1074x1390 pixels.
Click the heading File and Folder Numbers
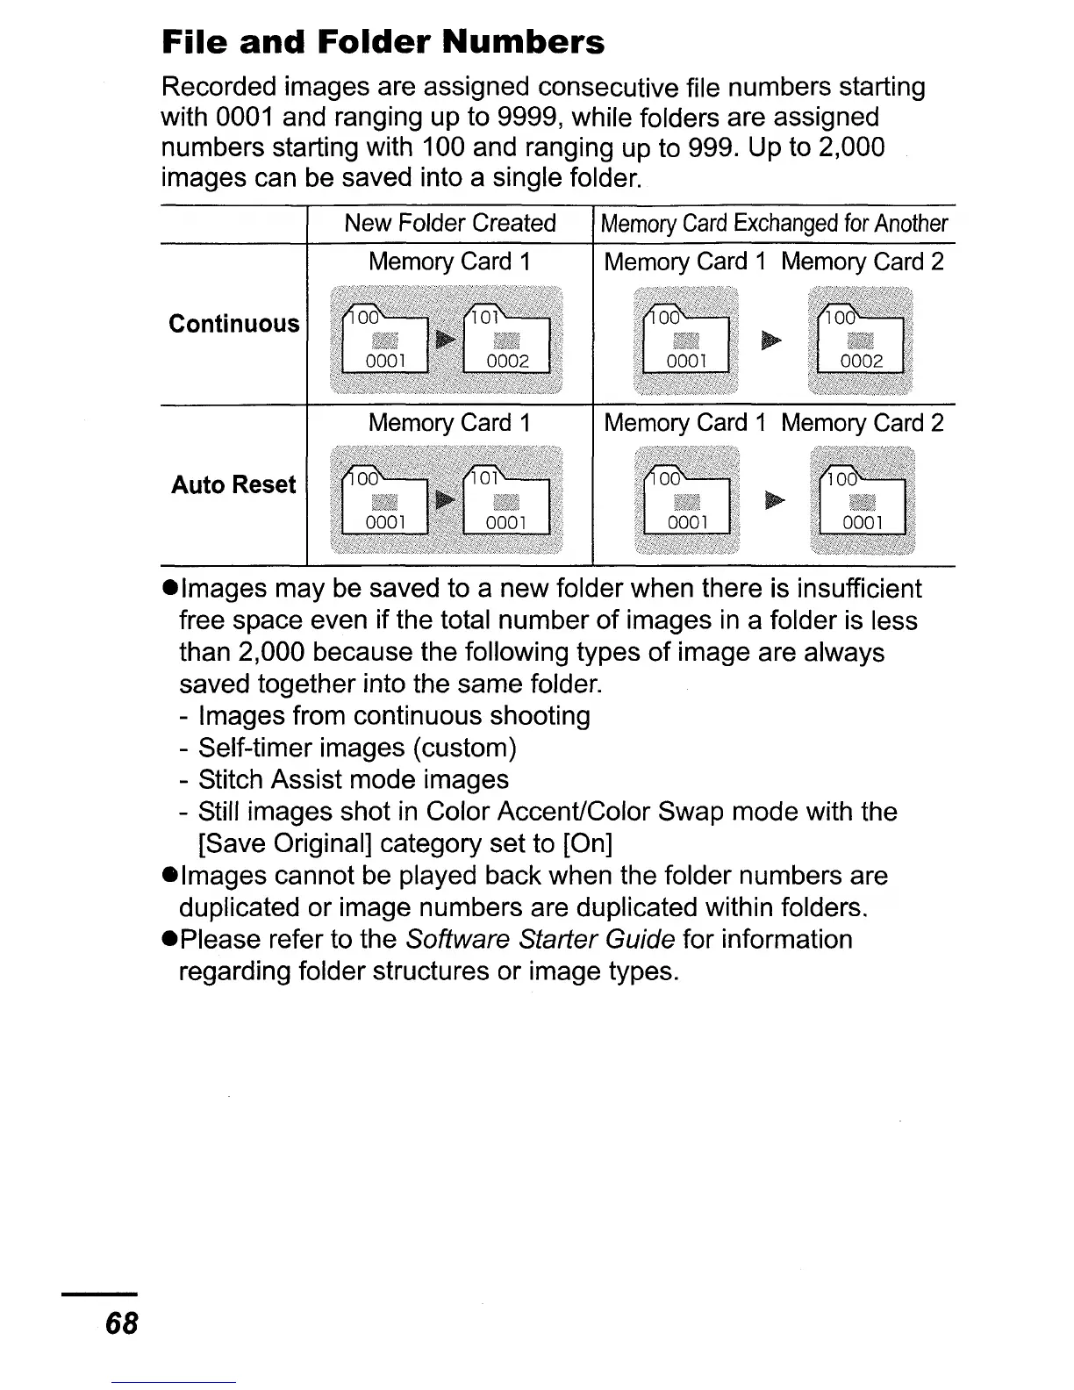pos(383,41)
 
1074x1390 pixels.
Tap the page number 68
pos(121,1322)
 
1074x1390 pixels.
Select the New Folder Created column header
pos(450,223)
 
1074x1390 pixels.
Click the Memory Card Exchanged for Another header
pos(774,223)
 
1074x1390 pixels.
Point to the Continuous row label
pos(233,324)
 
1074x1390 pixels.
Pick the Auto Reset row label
pos(233,484)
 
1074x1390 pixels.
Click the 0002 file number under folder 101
pos(507,362)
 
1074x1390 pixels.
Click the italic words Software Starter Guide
pos(540,939)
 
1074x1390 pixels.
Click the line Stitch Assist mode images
pos(353,779)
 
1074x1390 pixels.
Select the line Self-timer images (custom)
pos(357,748)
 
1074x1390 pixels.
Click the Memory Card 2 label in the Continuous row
pos(862,262)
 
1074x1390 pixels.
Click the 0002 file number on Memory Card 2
pos(861,362)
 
